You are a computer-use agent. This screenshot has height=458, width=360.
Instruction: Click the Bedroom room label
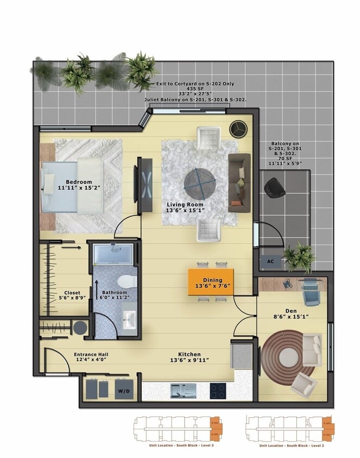point(79,182)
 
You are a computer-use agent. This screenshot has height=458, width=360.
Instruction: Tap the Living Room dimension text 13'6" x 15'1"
point(185,211)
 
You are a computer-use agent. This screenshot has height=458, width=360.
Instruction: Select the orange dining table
point(211,282)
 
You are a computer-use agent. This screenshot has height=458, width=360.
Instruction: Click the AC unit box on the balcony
point(270,261)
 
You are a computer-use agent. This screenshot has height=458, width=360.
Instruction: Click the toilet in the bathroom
point(125,281)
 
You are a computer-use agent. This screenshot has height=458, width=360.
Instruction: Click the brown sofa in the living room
point(239,182)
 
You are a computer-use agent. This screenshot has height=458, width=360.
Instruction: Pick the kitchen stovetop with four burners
point(218,390)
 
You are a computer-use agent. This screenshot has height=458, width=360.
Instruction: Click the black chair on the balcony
point(274,187)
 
